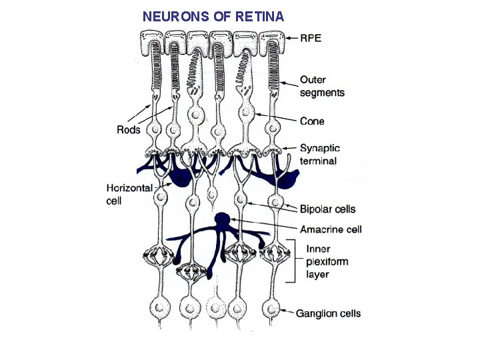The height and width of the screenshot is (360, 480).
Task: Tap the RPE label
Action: click(x=311, y=38)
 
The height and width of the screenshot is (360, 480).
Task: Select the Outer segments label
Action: click(x=322, y=87)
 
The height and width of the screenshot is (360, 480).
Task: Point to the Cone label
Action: click(x=312, y=121)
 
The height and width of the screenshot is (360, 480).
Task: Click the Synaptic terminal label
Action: click(x=319, y=155)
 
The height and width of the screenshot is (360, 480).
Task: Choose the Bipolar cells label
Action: click(x=327, y=209)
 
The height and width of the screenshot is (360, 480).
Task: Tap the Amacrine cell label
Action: click(x=331, y=229)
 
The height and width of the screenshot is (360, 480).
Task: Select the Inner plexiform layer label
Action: click(x=327, y=262)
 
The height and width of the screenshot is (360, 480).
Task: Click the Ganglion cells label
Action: click(x=328, y=313)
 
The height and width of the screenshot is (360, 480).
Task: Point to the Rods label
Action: click(x=129, y=129)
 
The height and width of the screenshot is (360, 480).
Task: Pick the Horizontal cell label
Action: click(x=129, y=195)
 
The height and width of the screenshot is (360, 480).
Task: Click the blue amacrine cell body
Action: click(x=223, y=219)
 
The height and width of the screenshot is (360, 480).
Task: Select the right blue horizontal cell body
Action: click(x=287, y=179)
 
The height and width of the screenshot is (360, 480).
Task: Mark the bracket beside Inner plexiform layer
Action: click(x=292, y=262)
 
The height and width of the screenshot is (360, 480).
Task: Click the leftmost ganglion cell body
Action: click(x=158, y=309)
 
